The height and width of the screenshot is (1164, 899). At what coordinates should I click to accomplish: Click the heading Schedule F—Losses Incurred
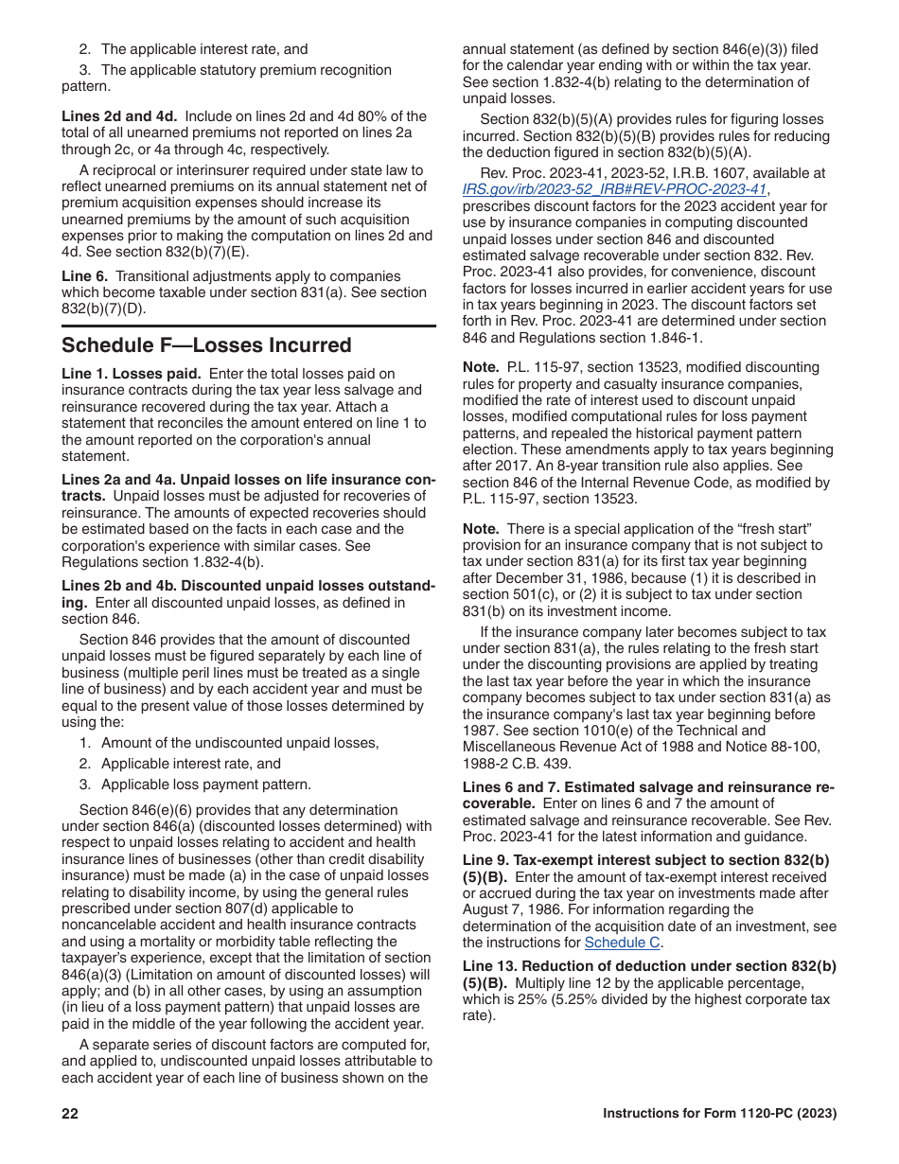(206, 344)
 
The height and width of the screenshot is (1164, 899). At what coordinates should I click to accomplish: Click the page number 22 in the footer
(70, 1114)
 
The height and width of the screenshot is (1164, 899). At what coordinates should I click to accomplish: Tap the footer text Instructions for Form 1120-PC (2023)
(719, 1114)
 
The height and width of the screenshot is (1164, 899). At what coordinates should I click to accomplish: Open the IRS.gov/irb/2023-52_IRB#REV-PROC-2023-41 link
(614, 189)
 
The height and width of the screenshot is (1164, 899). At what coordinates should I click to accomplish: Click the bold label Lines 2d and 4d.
(119, 116)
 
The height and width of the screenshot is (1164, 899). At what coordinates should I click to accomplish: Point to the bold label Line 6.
(85, 276)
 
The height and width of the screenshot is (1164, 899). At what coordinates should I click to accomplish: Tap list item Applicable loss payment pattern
(205, 785)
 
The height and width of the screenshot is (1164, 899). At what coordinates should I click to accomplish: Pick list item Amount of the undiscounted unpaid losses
(239, 743)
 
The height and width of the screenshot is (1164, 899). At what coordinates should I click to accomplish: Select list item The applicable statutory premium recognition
(245, 70)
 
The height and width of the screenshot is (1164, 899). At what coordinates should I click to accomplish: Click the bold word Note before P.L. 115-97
(481, 367)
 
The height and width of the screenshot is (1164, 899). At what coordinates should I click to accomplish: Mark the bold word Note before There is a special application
(481, 529)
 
